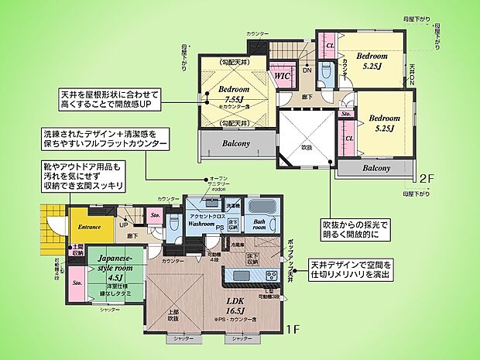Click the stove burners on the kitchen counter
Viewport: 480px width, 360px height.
click(x=273, y=276)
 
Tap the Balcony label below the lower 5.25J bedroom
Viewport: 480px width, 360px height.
click(x=376, y=168)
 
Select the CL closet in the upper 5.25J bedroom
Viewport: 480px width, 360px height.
click(x=329, y=46)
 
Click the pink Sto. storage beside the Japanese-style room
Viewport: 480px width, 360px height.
click(x=78, y=283)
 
